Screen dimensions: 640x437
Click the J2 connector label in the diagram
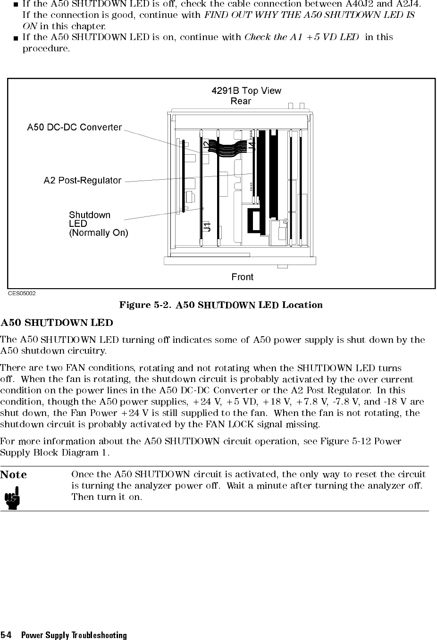(207, 146)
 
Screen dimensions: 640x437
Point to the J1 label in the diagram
(207, 226)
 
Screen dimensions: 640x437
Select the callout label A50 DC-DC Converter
(75, 127)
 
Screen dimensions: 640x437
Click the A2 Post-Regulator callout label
(83, 181)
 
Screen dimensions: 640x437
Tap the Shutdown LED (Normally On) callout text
(98, 224)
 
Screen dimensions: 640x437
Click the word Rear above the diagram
(241, 101)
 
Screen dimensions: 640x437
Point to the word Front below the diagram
(242, 277)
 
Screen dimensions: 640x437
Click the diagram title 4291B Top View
(246, 91)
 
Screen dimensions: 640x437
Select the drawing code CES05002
(21, 293)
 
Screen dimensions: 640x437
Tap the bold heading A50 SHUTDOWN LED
(57, 323)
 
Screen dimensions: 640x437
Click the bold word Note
(14, 474)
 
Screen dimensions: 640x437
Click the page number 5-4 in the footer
(6, 635)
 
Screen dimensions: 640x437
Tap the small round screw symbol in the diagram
(286, 221)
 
